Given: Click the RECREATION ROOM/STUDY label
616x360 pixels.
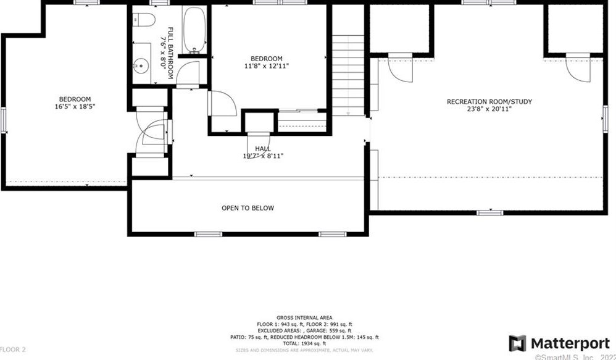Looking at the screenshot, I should point(489,102).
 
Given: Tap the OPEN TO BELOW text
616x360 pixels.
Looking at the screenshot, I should point(248,208).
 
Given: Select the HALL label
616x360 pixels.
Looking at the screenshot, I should point(263,149).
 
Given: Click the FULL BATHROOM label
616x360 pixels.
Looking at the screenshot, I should point(171,52).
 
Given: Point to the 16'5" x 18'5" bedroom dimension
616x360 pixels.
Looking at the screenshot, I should point(75,107).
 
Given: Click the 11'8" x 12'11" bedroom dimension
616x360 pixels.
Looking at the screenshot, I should point(267,65).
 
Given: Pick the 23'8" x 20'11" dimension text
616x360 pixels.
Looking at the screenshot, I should point(489,110).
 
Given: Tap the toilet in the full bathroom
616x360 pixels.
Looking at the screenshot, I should point(141,20).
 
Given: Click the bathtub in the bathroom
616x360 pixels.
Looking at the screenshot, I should point(194,30).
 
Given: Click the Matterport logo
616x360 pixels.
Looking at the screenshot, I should point(559,343).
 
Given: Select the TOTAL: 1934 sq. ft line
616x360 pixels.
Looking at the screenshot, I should point(305,343).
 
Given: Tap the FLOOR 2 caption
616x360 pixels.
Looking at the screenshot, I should point(13,350).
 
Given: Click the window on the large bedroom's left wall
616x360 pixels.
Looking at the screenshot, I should point(2,119).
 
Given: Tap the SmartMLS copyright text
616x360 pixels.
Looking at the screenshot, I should point(574,356).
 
